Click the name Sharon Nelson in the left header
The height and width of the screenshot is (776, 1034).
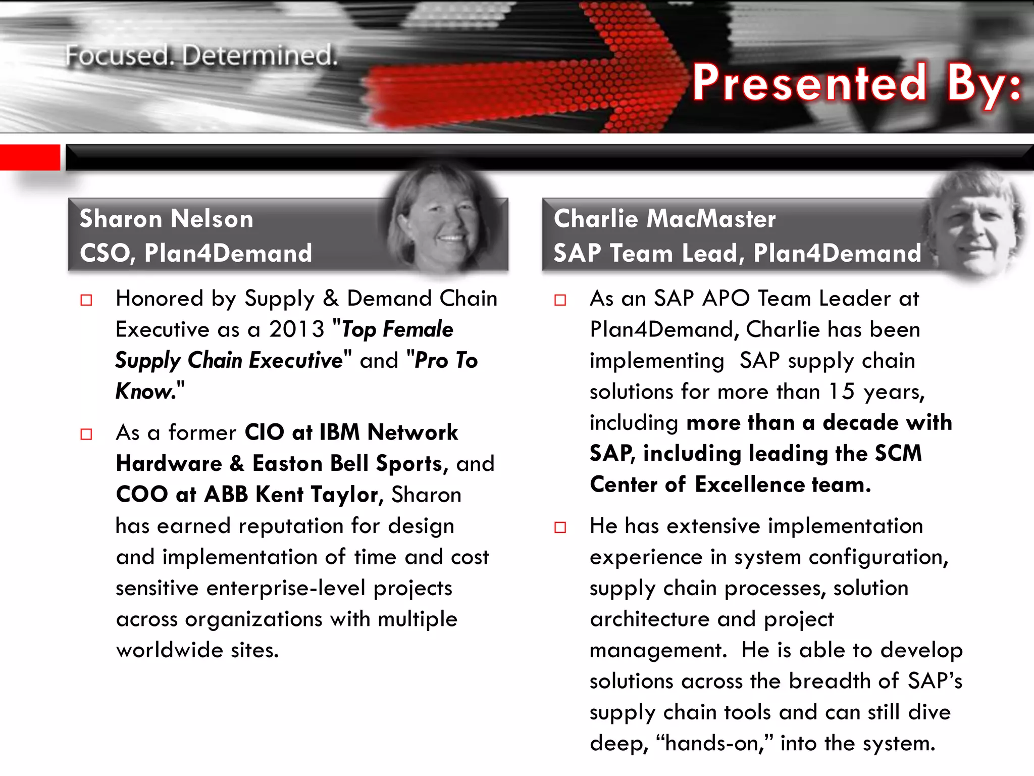pos(166,219)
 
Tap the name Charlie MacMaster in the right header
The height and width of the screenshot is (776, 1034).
pos(664,219)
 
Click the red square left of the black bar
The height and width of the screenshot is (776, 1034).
pos(29,157)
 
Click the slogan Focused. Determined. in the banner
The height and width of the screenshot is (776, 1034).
pos(201,56)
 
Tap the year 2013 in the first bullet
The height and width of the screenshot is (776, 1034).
pos(296,329)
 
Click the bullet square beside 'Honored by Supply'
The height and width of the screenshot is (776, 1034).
pos(86,300)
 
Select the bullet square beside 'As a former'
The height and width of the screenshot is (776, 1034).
pos(86,434)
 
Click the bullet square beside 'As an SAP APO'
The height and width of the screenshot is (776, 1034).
pos(560,300)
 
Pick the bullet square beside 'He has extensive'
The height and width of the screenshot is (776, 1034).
pos(560,527)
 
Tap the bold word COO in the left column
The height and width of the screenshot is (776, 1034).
pos(142,495)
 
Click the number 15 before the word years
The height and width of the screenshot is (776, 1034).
pos(842,392)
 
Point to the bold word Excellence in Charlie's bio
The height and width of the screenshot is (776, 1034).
pos(750,484)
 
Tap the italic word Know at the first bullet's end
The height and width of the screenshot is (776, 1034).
pos(145,392)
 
